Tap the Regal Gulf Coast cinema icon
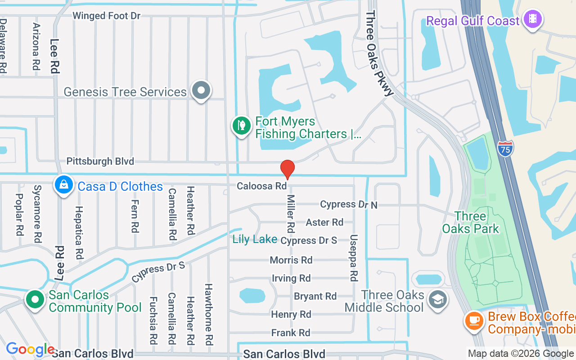pyautogui.click(x=533, y=19)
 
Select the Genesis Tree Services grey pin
pyautogui.click(x=201, y=90)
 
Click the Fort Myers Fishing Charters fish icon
pyautogui.click(x=241, y=126)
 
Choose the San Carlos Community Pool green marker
pyautogui.click(x=35, y=300)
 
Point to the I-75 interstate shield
pyautogui.click(x=505, y=148)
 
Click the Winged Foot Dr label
pyautogui.click(x=107, y=16)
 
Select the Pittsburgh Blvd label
pyautogui.click(x=100, y=161)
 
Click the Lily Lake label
pyautogui.click(x=255, y=239)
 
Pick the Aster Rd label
pyautogui.click(x=324, y=222)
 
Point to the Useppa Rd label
pyautogui.click(x=354, y=258)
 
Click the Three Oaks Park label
pyautogui.click(x=471, y=222)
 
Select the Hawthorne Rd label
pyautogui.click(x=209, y=314)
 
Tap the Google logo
pyautogui.click(x=30, y=349)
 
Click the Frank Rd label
pyautogui.click(x=291, y=333)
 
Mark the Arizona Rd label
pyautogui.click(x=36, y=46)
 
